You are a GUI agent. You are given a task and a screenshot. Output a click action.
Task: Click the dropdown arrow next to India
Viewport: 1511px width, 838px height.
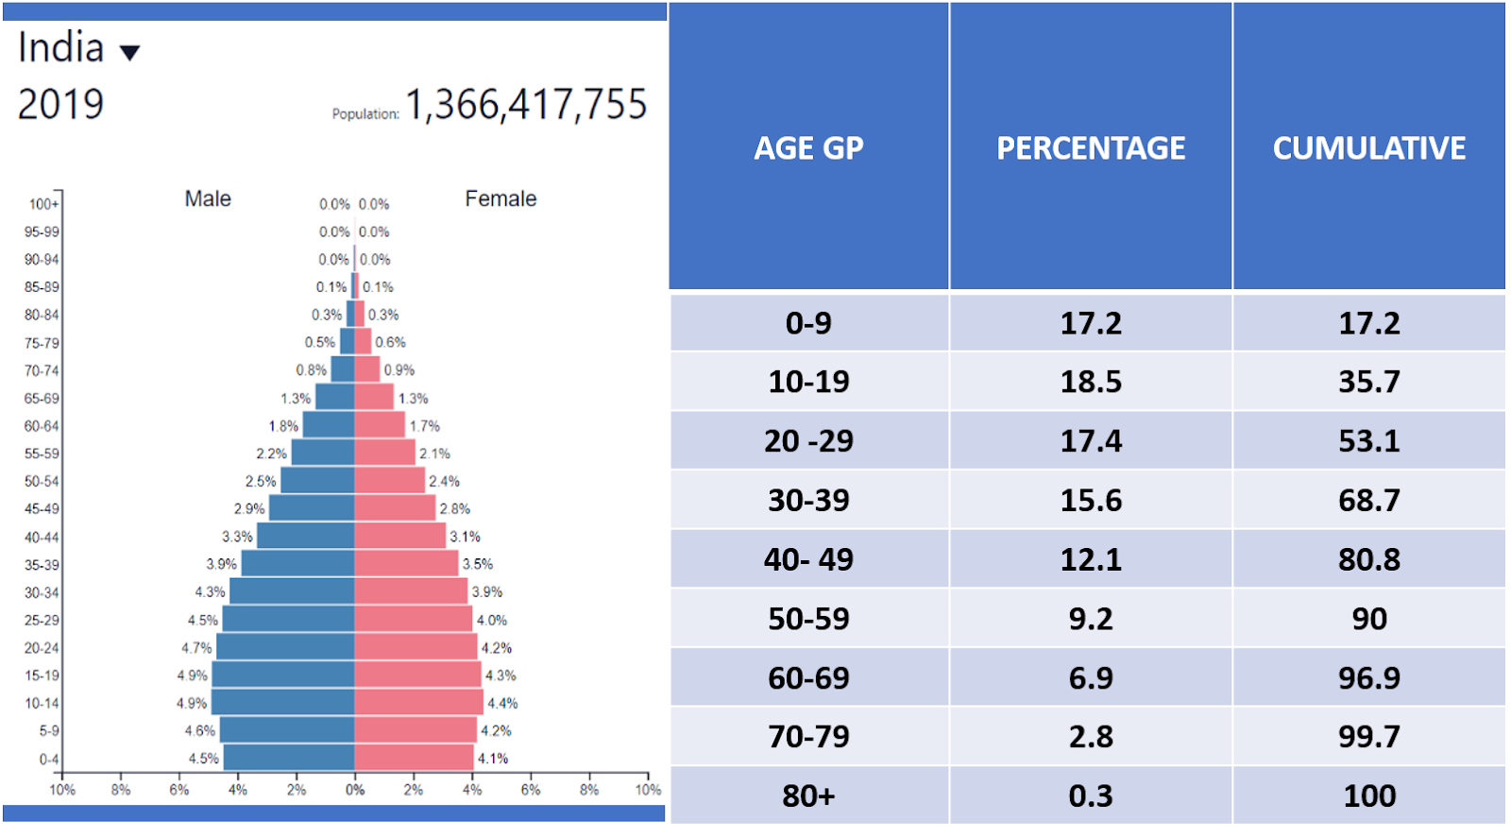click(x=130, y=53)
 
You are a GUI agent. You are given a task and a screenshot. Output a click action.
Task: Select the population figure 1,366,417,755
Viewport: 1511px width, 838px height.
click(x=526, y=105)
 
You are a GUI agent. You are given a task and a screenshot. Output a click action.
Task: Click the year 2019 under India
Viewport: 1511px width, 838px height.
click(x=60, y=105)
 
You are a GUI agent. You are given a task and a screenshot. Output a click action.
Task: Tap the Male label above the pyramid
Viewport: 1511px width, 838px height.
click(x=208, y=199)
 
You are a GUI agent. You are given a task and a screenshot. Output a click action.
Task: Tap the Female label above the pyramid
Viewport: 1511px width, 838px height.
click(x=501, y=199)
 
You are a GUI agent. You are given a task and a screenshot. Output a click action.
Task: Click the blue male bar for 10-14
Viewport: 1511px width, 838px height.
click(x=282, y=703)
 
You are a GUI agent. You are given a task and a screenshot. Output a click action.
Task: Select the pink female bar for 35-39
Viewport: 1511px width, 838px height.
click(x=406, y=564)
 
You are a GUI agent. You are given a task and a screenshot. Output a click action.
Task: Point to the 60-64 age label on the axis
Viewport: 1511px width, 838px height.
click(x=42, y=426)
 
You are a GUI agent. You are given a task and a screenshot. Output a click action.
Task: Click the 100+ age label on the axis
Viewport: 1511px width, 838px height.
click(x=43, y=204)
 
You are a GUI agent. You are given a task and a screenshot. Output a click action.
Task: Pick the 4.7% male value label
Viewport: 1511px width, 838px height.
click(x=196, y=648)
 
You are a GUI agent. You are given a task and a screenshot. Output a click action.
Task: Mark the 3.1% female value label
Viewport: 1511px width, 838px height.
click(x=465, y=537)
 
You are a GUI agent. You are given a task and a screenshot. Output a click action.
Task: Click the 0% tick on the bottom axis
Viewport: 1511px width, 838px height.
click(x=355, y=790)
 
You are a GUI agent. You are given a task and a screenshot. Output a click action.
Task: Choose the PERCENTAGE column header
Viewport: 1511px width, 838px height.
click(x=1091, y=148)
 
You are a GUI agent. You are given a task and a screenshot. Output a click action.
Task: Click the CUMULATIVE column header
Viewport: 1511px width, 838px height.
click(x=1369, y=148)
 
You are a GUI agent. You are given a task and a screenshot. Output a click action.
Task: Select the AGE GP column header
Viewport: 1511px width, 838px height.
click(x=808, y=148)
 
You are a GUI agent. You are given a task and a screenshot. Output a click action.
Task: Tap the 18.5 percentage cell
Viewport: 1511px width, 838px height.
click(x=1091, y=382)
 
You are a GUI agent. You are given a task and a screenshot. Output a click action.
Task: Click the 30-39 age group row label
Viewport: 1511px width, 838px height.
click(x=808, y=500)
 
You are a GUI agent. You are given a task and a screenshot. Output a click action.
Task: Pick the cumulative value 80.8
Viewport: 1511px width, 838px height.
click(x=1369, y=559)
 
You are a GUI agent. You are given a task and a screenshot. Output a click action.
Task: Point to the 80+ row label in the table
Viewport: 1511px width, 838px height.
click(x=808, y=795)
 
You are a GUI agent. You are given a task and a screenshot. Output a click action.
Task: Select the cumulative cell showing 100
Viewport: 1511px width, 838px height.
click(x=1369, y=795)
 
